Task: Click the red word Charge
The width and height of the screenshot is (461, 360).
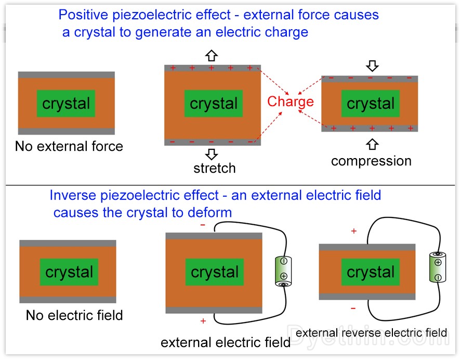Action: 291,101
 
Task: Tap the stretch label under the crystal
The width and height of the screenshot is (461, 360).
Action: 214,169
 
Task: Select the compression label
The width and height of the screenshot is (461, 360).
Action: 371,161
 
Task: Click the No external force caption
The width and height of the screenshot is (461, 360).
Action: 69,146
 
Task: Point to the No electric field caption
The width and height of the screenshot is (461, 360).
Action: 74,315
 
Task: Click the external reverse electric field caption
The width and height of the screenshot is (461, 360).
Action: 371,332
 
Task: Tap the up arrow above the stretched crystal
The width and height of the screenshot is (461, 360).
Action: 211,56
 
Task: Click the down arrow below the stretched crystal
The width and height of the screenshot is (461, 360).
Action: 211,154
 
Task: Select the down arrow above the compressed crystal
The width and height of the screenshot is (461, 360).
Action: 373,66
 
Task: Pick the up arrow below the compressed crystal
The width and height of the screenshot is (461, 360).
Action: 373,144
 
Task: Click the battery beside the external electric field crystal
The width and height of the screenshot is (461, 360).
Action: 284,270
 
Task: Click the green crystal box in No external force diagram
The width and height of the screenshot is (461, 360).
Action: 66,104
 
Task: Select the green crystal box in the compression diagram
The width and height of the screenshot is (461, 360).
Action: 371,104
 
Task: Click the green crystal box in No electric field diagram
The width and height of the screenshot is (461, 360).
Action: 69,272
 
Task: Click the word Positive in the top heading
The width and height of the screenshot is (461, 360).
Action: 82,15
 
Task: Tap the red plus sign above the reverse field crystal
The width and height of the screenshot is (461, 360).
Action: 354,231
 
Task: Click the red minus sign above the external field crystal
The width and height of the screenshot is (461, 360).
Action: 203,225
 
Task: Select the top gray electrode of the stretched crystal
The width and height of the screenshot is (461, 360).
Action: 212,68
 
